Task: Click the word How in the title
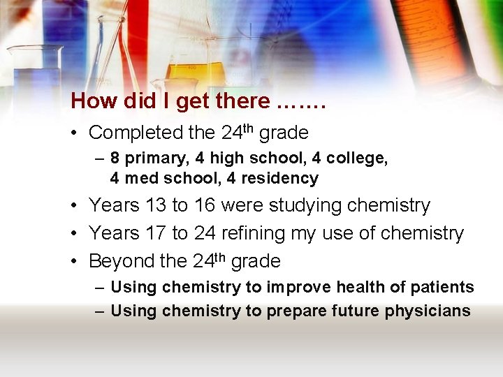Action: pos(94,101)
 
